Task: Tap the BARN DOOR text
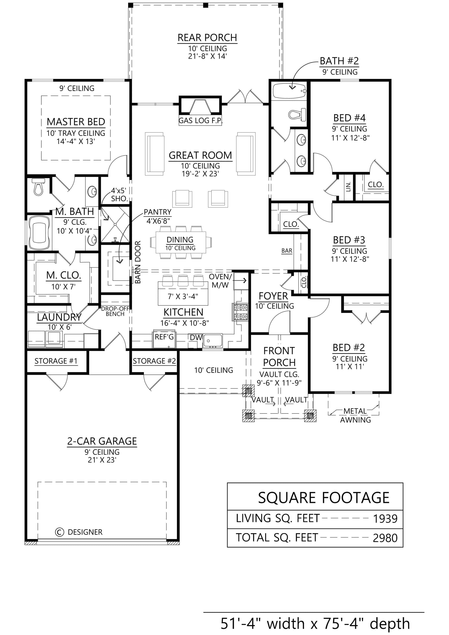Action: pos(138,262)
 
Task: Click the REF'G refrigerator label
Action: pos(164,337)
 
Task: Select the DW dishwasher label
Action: pos(196,337)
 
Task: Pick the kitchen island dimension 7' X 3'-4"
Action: pos(183,296)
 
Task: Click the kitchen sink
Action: pos(212,341)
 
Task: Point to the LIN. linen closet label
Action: pos(348,187)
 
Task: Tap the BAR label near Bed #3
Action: pos(287,251)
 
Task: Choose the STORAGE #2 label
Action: pos(154,361)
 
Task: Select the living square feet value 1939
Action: pos(385,519)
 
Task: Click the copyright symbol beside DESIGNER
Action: pos(60,532)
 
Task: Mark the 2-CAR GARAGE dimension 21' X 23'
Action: pos(102,460)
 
